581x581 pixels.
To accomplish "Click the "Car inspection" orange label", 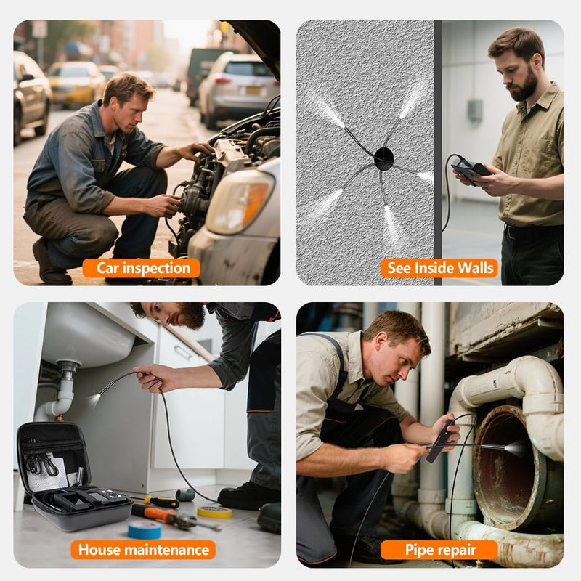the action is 141,268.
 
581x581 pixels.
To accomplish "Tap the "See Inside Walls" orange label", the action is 439,268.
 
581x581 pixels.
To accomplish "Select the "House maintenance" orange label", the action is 143,550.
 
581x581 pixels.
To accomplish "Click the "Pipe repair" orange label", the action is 439,550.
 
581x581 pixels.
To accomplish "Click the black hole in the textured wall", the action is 384,158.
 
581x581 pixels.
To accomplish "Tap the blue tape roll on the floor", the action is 145,529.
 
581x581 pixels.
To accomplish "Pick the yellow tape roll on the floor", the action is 214,512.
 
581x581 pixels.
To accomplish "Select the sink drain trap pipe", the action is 60,393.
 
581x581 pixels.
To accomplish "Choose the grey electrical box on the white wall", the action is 475,110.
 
